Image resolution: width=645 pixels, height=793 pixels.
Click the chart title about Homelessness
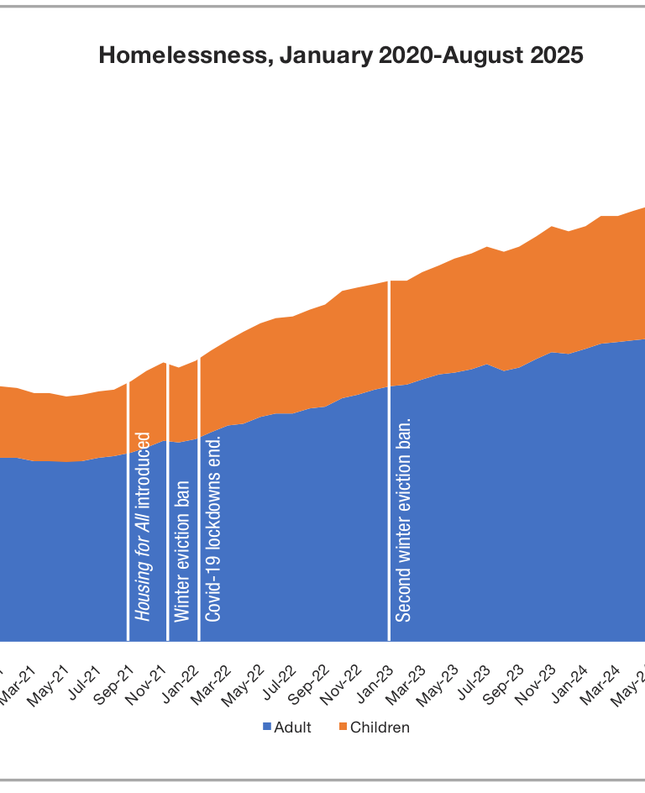pos(340,55)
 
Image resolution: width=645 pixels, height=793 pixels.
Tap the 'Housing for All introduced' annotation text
pos(144,527)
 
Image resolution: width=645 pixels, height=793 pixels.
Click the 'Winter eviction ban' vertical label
pos(181,551)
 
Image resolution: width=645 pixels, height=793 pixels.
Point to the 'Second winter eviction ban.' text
pos(403,518)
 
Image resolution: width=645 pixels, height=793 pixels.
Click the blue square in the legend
pos(267,727)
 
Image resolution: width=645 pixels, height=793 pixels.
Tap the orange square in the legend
pos(343,727)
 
